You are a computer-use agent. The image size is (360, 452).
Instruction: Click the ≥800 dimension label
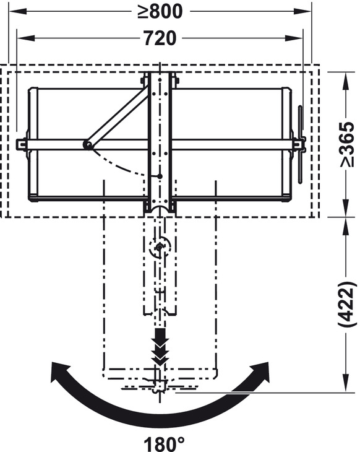pos(160,12)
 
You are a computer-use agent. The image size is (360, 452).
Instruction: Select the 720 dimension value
pos(160,38)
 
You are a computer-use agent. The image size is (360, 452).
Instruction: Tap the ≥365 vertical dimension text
pos(347,144)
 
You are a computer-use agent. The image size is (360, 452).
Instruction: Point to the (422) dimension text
pos(347,304)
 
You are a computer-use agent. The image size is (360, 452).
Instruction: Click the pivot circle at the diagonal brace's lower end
pos(88,145)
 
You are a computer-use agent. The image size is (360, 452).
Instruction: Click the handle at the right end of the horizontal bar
pos(299,144)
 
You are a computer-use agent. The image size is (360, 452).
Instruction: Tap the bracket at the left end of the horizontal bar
pos(22,144)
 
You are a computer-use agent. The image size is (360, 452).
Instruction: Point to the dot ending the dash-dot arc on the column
pos(160,176)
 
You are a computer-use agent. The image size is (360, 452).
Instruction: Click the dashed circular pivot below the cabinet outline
pos(160,248)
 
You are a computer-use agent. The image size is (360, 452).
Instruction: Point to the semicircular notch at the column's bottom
pos(160,211)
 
